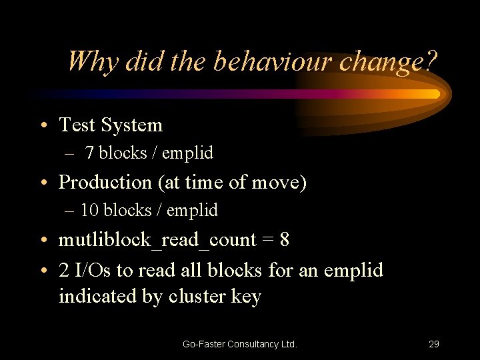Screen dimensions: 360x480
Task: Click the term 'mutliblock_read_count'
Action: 157,240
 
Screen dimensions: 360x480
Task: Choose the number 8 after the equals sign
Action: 285,240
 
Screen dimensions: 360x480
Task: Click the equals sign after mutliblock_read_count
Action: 268,240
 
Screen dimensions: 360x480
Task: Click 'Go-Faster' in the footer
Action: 203,344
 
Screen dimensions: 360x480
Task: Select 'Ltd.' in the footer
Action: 289,344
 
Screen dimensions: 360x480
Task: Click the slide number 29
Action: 433,344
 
